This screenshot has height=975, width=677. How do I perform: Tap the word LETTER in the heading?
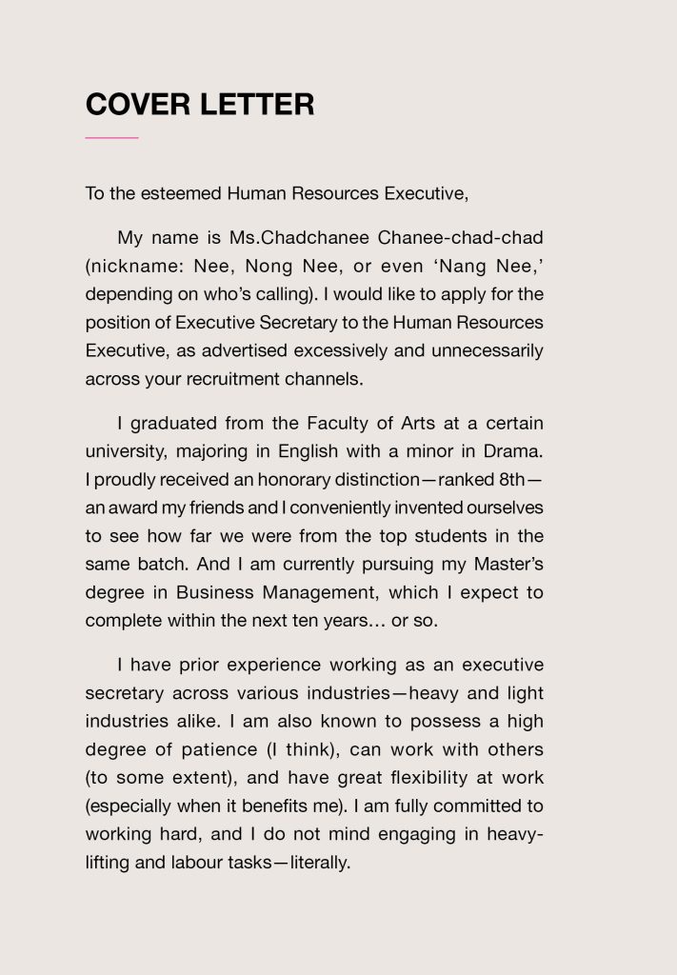(x=257, y=103)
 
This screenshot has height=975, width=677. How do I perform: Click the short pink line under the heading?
(x=111, y=138)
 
